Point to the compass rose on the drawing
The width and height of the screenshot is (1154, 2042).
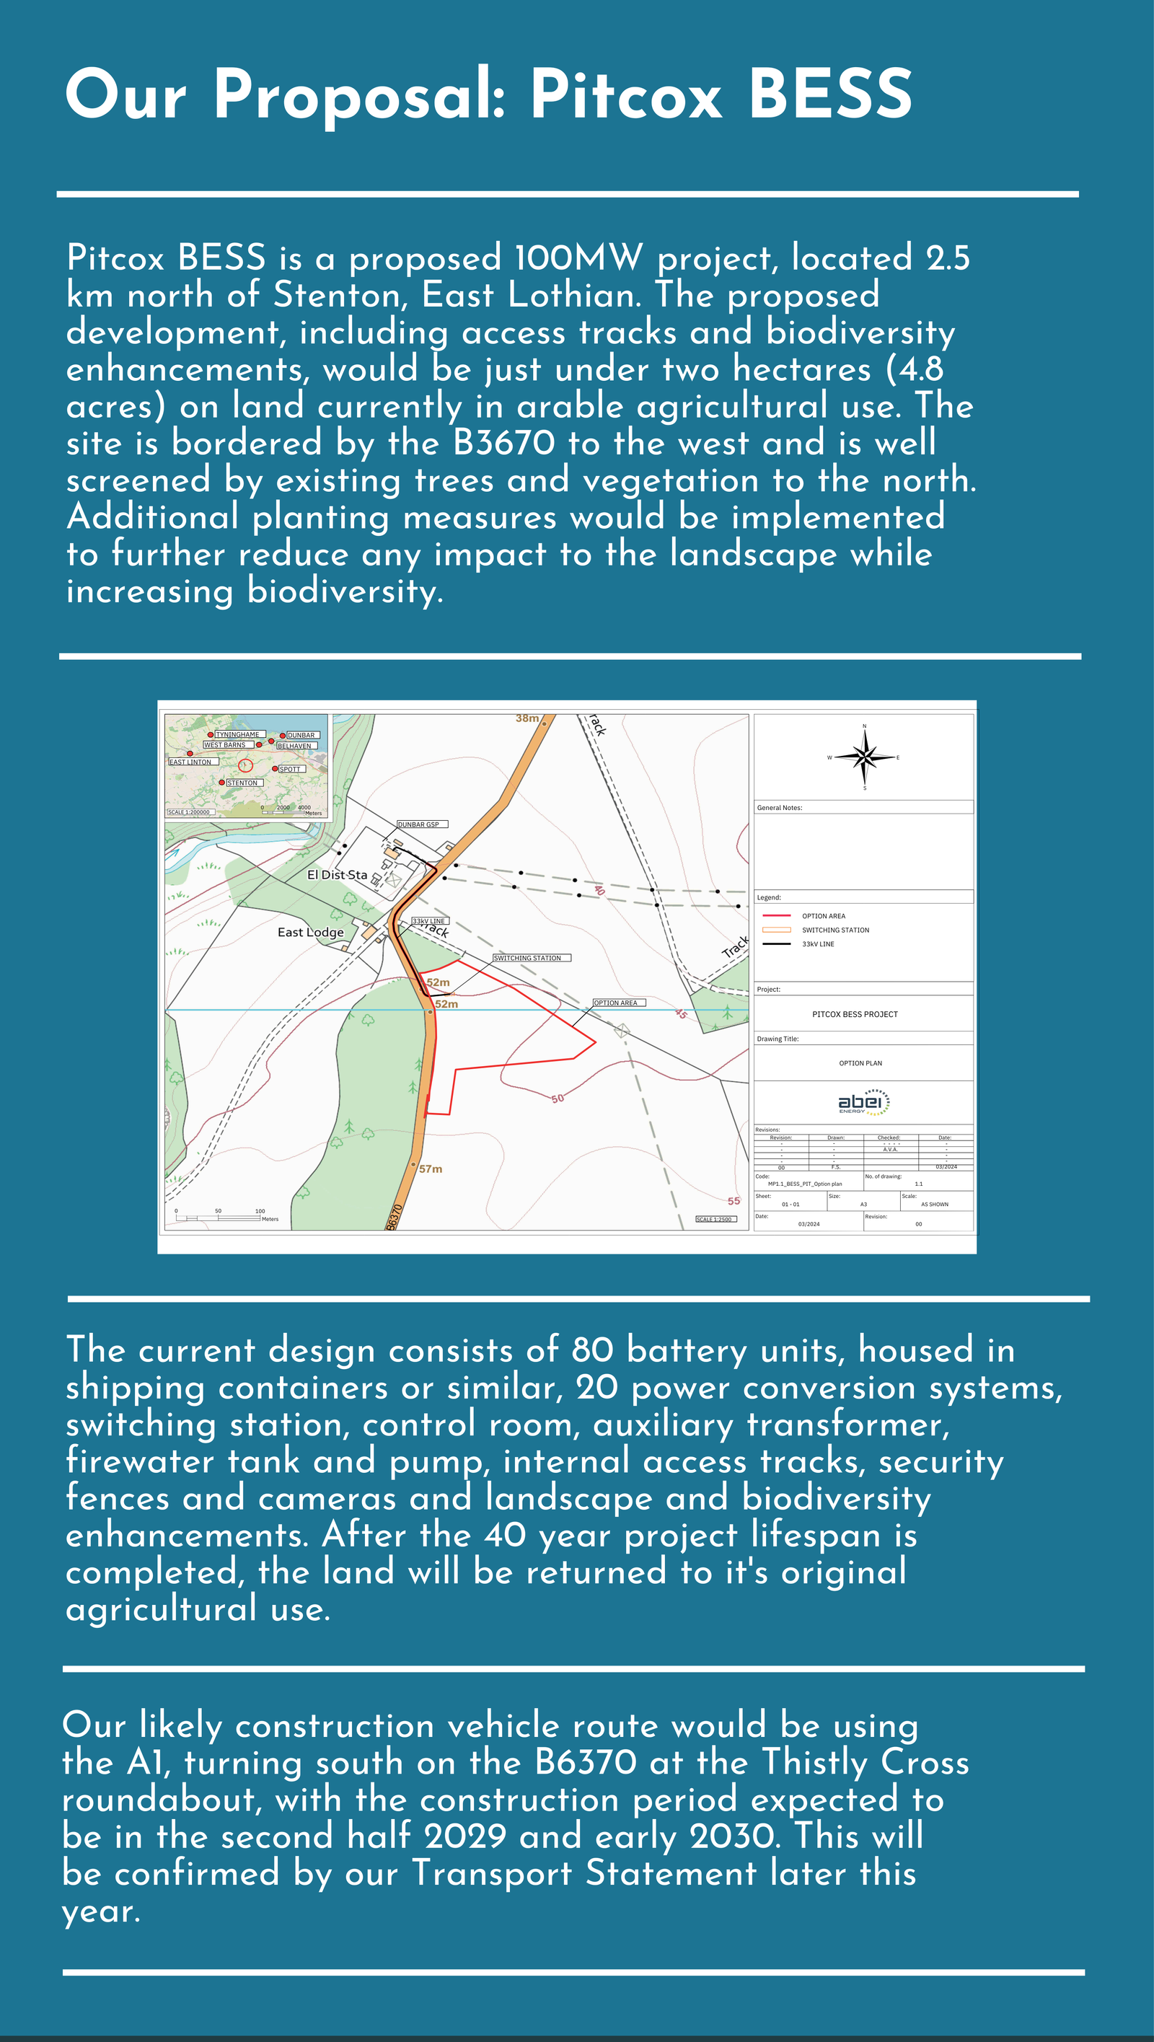(865, 757)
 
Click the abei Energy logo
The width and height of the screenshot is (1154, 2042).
(863, 1103)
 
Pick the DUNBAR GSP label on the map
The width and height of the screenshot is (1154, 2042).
(418, 824)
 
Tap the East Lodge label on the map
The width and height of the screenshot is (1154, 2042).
(311, 932)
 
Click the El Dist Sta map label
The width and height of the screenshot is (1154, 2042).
(337, 875)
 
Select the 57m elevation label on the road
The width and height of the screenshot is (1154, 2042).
(431, 1169)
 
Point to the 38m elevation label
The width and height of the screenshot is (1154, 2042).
(527, 718)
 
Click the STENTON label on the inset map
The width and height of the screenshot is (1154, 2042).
(242, 783)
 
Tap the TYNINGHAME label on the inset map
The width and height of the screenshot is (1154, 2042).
(238, 734)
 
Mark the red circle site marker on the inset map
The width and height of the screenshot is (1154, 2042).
(246, 765)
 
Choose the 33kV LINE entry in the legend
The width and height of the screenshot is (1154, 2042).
(818, 944)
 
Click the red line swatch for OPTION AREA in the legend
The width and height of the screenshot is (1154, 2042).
(776, 915)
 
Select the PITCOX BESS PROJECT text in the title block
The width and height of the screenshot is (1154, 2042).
(855, 1014)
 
